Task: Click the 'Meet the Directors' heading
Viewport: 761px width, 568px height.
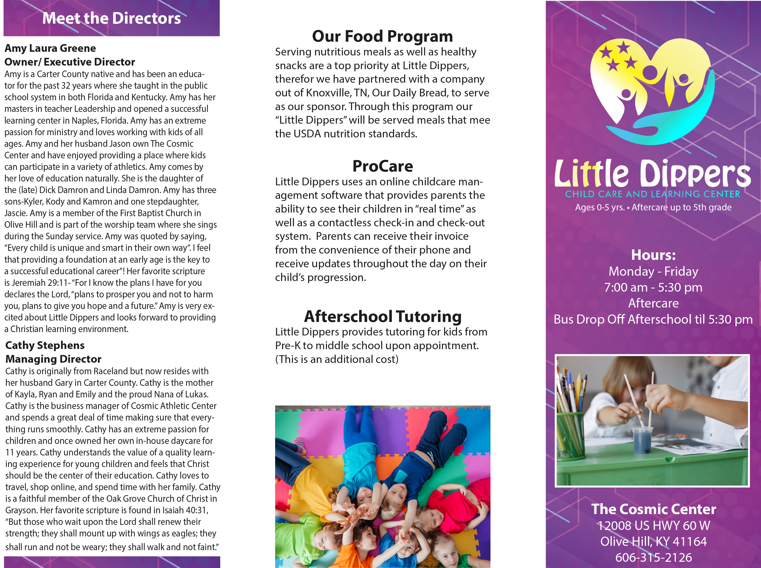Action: click(111, 18)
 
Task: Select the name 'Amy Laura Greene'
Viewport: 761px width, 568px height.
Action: click(50, 48)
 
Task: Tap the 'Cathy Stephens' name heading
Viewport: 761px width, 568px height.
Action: click(45, 345)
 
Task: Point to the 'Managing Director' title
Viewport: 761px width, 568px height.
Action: click(53, 359)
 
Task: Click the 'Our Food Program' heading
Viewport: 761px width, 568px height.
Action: click(382, 36)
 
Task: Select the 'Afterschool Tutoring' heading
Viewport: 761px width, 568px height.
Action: click(383, 316)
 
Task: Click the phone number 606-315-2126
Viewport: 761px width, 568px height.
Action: click(653, 557)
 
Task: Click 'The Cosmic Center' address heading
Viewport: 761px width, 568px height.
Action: click(653, 509)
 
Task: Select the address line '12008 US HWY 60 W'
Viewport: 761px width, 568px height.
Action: click(653, 525)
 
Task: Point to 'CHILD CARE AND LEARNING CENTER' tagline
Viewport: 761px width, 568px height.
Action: click(653, 194)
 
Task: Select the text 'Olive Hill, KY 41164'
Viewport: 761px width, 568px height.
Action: click(653, 541)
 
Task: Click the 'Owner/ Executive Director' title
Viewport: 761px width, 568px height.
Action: click(69, 62)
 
